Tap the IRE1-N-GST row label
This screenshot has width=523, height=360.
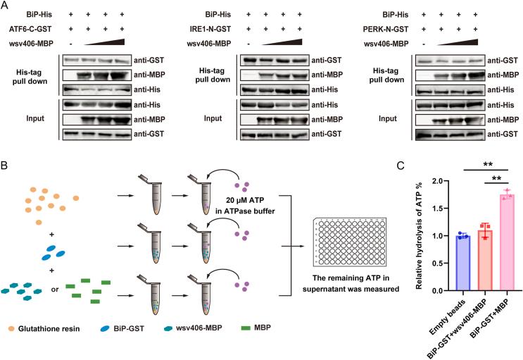click(x=218, y=29)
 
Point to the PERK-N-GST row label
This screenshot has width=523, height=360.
click(x=393, y=29)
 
